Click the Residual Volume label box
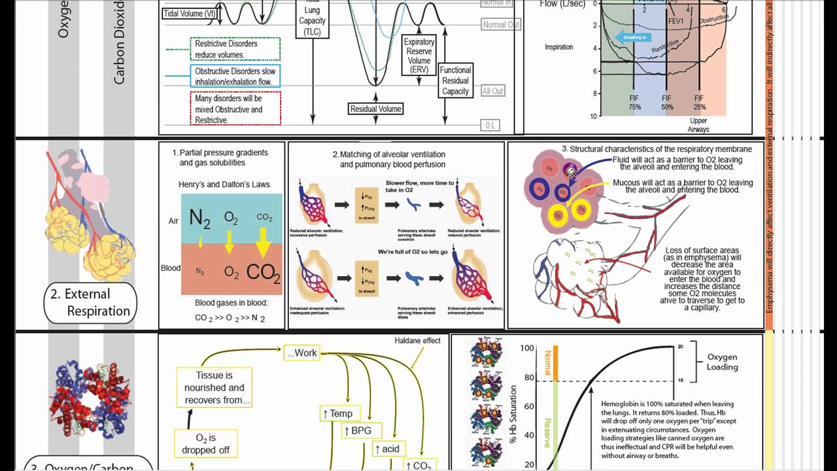point(375,109)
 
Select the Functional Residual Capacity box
point(455,80)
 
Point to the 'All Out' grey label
point(493,91)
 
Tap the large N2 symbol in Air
point(199,218)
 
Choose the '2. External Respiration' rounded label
point(90,303)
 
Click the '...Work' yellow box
point(301,353)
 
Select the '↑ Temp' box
point(337,413)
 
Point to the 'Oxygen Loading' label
point(723,362)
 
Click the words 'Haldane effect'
point(417,341)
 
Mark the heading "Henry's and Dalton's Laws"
point(224,184)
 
